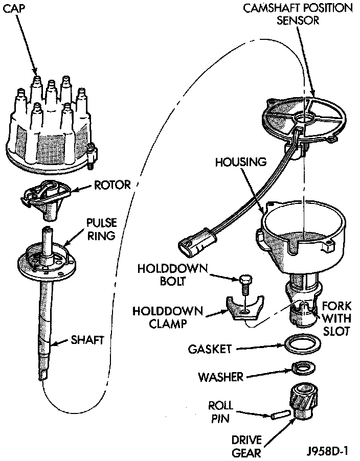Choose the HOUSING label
coord(240,162)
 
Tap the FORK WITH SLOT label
coord(336,318)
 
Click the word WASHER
coord(220,377)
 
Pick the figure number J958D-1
coord(327,452)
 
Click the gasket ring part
coord(301,344)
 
